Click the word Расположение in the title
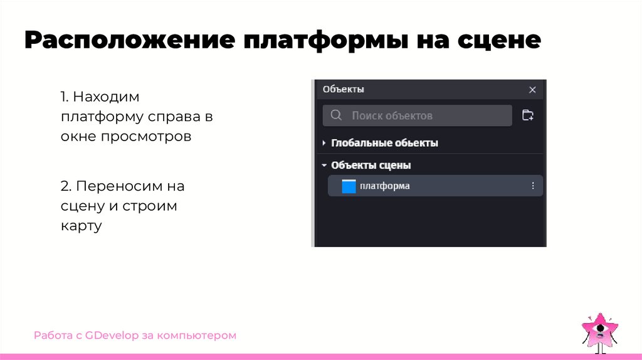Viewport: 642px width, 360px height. [x=128, y=41]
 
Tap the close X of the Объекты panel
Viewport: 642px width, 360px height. [x=532, y=90]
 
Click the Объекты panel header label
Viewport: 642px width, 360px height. [x=343, y=89]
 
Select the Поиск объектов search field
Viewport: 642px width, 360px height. [x=417, y=115]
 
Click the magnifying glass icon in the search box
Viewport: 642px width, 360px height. [x=336, y=115]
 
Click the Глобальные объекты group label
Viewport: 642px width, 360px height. [x=384, y=143]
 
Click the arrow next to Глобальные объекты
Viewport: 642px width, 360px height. [x=324, y=143]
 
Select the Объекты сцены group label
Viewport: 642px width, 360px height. [x=371, y=166]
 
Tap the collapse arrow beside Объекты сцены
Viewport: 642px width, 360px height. [x=324, y=166]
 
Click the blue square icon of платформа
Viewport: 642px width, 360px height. [x=349, y=186]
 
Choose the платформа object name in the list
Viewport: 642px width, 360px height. [x=384, y=186]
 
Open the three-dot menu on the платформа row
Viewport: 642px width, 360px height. [x=533, y=186]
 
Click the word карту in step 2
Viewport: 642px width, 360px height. [x=81, y=225]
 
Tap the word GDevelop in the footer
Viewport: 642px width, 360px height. [x=113, y=336]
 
